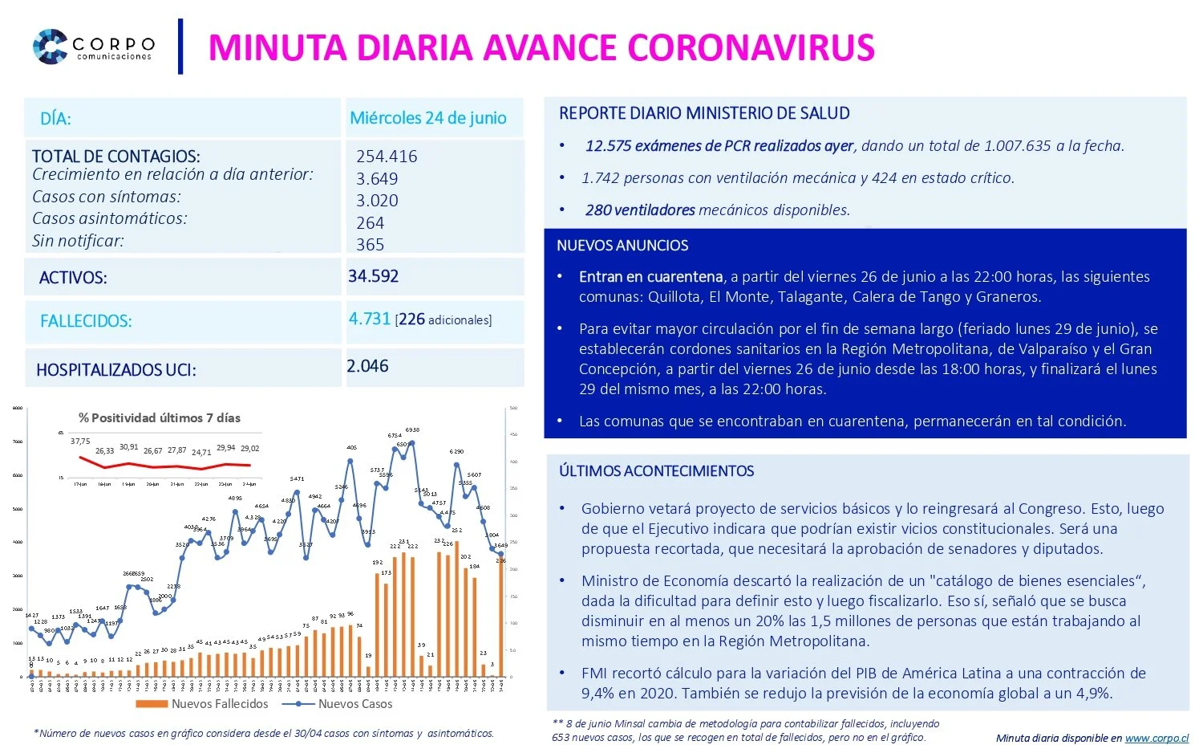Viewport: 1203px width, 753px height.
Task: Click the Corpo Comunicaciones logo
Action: tap(93, 47)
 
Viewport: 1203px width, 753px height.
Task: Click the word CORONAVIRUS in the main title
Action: tap(751, 47)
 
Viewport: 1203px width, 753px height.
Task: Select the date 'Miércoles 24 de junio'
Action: tap(427, 118)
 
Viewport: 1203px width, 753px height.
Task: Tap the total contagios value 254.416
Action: tap(387, 157)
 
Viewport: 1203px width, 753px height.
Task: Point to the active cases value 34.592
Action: tap(373, 276)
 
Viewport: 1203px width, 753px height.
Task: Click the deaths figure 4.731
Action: tap(369, 319)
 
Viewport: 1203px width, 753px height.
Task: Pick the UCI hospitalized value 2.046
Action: tap(367, 366)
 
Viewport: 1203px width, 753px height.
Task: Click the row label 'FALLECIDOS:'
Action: tap(86, 321)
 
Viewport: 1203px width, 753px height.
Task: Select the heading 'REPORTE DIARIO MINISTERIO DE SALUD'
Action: tap(704, 113)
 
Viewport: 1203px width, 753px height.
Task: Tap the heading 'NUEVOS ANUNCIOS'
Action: tap(622, 246)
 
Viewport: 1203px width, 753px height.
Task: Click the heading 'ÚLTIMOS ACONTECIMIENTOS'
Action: tap(656, 471)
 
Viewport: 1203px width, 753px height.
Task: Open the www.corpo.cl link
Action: tap(1156, 738)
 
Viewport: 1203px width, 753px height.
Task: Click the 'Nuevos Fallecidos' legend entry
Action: tap(219, 704)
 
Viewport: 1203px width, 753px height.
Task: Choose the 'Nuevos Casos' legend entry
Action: tap(354, 704)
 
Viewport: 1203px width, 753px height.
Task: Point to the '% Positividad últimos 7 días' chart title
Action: tap(159, 417)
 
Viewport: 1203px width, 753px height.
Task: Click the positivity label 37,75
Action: tap(80, 442)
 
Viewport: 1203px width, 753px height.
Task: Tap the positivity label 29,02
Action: tap(249, 449)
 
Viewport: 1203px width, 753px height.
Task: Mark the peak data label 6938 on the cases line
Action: tap(412, 430)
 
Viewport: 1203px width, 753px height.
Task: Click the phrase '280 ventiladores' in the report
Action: tap(640, 210)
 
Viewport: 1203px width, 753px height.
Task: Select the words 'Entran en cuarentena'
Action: tap(650, 277)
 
